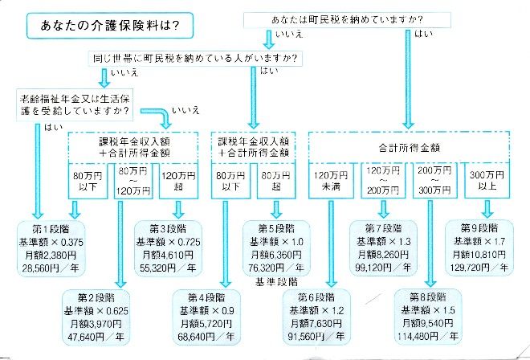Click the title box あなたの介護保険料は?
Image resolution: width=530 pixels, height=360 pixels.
click(x=110, y=26)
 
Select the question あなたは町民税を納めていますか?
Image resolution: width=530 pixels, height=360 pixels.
click(x=347, y=20)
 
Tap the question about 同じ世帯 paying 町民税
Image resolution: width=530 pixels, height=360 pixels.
click(x=195, y=59)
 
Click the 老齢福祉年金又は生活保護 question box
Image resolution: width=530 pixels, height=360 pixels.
click(x=75, y=105)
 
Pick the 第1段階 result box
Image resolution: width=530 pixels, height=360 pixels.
click(x=51, y=248)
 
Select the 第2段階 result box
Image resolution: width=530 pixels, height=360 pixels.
click(x=96, y=317)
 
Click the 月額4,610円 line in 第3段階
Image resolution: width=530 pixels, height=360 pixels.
click(x=168, y=255)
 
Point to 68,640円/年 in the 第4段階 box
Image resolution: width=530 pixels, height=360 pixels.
click(x=206, y=337)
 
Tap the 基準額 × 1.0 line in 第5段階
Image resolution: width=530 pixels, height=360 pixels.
click(x=276, y=242)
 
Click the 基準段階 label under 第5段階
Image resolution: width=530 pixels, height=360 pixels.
click(x=276, y=282)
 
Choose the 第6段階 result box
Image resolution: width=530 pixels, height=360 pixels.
click(x=316, y=317)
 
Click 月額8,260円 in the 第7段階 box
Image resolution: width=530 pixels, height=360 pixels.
click(x=383, y=254)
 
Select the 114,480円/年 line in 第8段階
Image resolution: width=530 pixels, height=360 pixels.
click(x=428, y=336)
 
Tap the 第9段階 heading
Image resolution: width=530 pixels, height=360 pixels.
click(x=479, y=228)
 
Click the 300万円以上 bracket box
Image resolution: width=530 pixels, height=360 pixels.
click(x=487, y=180)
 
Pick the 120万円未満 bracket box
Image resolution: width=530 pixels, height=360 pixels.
click(x=331, y=180)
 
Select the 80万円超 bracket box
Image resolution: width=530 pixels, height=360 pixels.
click(x=276, y=181)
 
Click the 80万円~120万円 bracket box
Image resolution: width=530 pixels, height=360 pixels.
click(x=133, y=181)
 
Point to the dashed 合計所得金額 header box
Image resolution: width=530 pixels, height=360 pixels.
click(x=409, y=147)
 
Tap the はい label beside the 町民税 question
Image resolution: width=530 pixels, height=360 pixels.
click(x=423, y=34)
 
